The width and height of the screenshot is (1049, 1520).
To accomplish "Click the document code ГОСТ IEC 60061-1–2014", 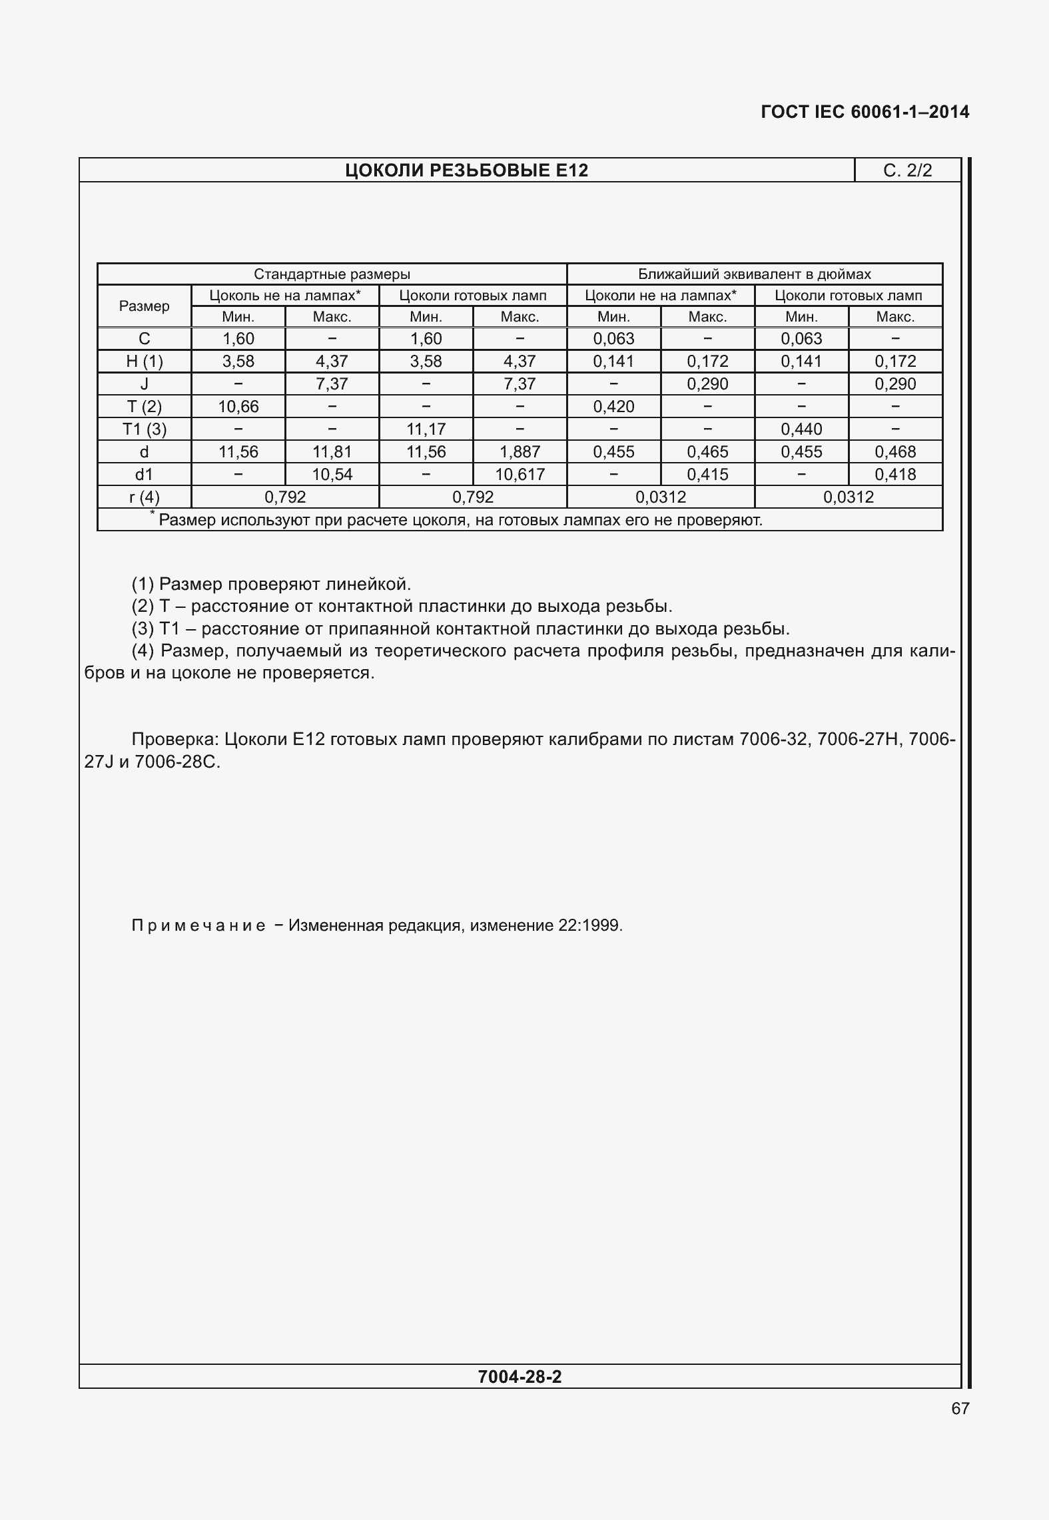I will click(x=865, y=112).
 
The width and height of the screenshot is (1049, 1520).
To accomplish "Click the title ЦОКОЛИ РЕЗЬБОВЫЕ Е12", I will click(x=466, y=171).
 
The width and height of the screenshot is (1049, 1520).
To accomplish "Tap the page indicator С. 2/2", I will click(x=907, y=171).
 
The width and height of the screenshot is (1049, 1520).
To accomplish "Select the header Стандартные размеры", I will click(x=332, y=274).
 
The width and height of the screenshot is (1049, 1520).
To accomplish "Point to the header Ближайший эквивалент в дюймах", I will click(x=754, y=274).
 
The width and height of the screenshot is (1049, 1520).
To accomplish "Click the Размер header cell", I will click(x=144, y=306).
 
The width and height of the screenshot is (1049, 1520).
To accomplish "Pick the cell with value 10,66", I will click(x=238, y=407).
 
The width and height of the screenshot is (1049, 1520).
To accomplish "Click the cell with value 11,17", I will click(x=426, y=429).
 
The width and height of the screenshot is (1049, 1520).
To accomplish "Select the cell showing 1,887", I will click(x=520, y=452).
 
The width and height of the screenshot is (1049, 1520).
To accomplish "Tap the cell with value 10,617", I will click(x=520, y=475).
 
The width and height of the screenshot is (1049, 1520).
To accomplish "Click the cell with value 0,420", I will click(x=613, y=407).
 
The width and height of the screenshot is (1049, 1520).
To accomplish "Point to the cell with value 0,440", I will click(x=801, y=429).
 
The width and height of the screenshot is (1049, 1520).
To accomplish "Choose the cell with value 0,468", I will click(x=895, y=452).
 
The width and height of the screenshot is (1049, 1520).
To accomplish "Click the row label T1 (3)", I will click(x=144, y=429).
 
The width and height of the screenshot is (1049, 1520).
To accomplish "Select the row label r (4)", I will click(x=144, y=497).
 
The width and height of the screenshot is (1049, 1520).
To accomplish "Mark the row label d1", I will click(x=144, y=475).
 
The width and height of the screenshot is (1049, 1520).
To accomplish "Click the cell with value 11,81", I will click(x=332, y=452).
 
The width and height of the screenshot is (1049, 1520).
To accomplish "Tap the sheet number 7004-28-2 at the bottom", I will click(x=520, y=1377).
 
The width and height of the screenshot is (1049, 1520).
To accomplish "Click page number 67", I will click(x=960, y=1409).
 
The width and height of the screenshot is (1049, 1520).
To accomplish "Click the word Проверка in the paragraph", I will click(x=174, y=740).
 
